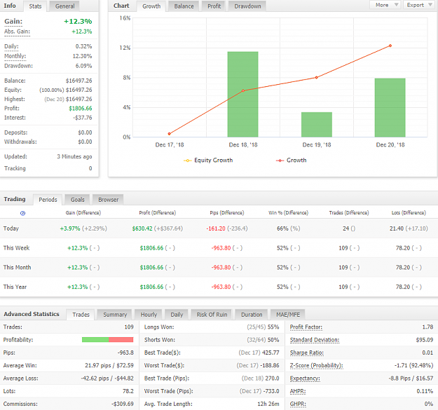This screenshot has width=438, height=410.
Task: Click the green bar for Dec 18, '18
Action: point(242,94)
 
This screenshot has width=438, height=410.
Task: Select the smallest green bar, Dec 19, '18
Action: point(317,125)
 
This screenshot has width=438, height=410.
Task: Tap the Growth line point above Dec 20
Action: point(390,46)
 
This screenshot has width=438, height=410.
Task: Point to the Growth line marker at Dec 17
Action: point(170,134)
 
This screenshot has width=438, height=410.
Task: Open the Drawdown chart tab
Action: point(247,6)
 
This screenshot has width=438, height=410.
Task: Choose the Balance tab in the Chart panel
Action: point(184,6)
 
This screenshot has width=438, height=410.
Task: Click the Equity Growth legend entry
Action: point(208,160)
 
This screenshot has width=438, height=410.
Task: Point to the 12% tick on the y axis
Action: point(125,48)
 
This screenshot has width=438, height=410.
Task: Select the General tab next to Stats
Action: point(64,6)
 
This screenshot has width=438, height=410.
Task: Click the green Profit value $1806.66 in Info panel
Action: point(81,109)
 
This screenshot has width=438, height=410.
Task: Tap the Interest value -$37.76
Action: point(83,118)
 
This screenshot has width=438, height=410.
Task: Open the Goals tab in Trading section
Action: point(77,200)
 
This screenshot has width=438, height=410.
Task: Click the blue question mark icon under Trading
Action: point(23,213)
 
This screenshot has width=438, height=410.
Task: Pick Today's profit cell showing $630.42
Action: point(142,228)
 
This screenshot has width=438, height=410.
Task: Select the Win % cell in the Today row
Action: point(288,228)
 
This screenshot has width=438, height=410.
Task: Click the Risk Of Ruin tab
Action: point(212,315)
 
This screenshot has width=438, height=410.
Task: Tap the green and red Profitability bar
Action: point(107,340)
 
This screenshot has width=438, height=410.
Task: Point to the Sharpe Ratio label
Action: point(307,353)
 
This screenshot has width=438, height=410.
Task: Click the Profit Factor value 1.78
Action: point(427,327)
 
